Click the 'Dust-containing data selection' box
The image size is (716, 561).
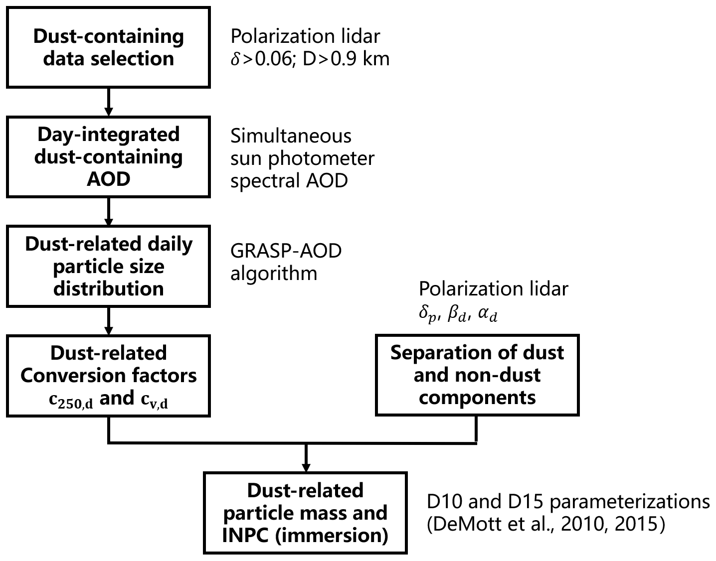click(x=108, y=47)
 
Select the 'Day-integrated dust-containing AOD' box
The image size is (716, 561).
click(x=108, y=156)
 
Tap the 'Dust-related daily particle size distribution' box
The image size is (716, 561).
click(x=108, y=266)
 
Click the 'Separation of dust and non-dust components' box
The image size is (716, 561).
click(x=477, y=375)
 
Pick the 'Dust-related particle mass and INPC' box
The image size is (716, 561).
click(x=305, y=513)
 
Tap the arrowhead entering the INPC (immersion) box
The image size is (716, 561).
click(x=305, y=465)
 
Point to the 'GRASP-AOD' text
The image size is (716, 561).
click(x=286, y=251)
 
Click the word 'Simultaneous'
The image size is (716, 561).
click(x=291, y=136)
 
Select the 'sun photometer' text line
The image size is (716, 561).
click(x=302, y=158)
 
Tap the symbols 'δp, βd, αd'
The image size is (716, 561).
click(x=458, y=314)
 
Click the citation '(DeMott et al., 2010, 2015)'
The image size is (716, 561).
click(x=545, y=524)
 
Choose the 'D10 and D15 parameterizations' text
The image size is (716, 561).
click(x=568, y=502)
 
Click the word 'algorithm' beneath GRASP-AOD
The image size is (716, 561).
click(x=273, y=273)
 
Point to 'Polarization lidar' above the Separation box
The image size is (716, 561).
click(x=493, y=289)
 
